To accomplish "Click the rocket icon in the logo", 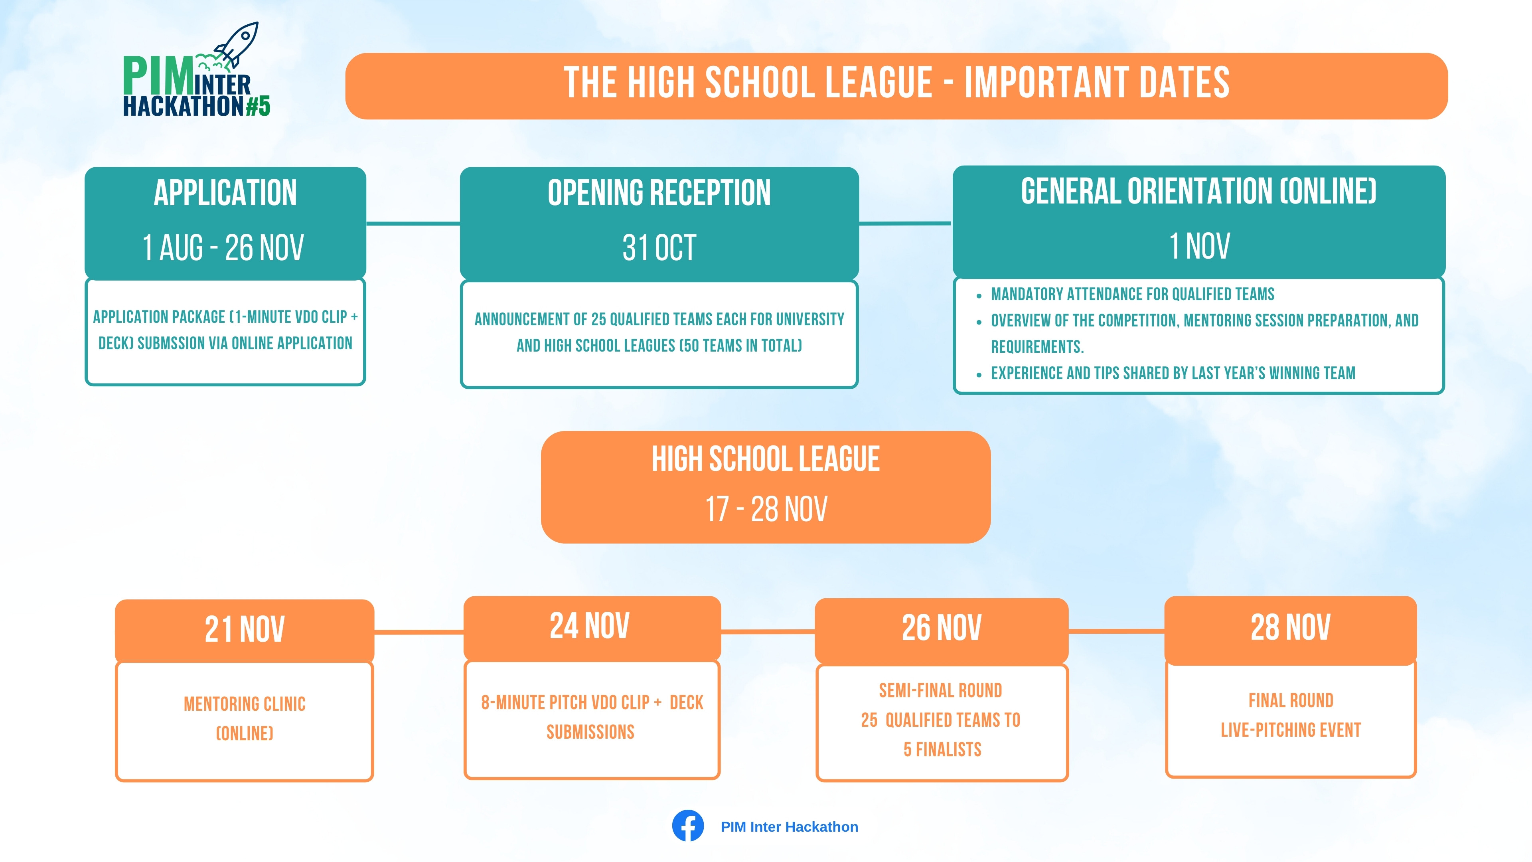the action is click(x=236, y=45).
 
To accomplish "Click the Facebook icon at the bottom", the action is click(x=688, y=826).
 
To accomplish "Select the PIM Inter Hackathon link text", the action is click(x=789, y=827).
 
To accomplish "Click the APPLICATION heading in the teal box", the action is click(x=225, y=193).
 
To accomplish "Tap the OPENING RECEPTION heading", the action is click(x=659, y=193).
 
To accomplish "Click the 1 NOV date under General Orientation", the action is click(x=1199, y=246).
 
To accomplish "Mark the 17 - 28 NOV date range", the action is click(x=766, y=509).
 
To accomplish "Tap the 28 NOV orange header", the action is click(x=1291, y=629).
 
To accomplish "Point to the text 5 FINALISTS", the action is click(x=942, y=749).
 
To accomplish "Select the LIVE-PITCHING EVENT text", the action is click(x=1291, y=730).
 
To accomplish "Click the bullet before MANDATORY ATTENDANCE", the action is click(x=979, y=295).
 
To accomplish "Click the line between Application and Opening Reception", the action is click(x=413, y=223).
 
